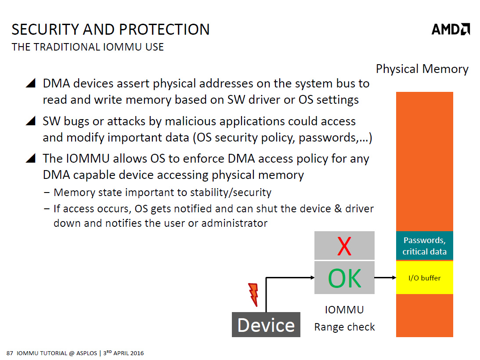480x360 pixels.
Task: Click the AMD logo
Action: [451, 29]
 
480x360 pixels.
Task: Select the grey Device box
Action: [266, 325]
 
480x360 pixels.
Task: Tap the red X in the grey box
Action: [344, 246]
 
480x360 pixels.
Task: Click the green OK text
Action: [344, 278]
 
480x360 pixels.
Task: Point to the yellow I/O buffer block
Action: [424, 278]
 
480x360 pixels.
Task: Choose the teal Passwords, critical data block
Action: [424, 246]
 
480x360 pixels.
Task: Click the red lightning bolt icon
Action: [253, 294]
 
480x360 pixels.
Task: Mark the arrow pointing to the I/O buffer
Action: [385, 278]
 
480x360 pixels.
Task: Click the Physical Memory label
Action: [422, 69]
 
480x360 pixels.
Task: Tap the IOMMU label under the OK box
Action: [344, 309]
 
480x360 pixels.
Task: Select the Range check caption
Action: [344, 327]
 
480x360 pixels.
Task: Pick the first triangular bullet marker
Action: [30, 84]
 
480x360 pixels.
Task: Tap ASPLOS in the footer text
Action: [86, 353]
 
